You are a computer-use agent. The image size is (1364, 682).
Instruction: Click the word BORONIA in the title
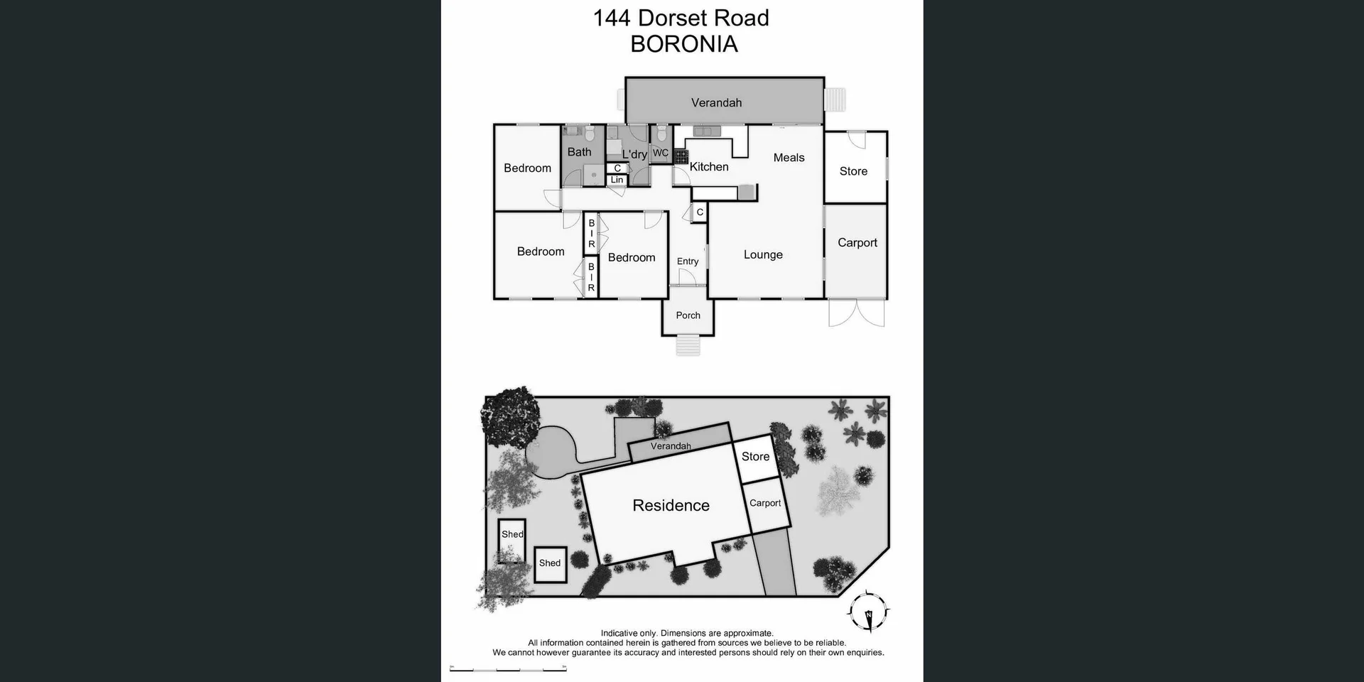[683, 44]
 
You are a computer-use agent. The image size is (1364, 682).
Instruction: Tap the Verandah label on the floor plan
[716, 103]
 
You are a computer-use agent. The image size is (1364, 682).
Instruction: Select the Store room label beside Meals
[853, 171]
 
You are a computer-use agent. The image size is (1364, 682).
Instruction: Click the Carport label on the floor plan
[857, 243]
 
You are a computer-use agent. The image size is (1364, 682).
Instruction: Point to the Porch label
[688, 315]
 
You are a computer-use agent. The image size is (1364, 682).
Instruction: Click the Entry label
[687, 261]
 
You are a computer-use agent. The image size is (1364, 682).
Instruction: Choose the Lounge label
[763, 255]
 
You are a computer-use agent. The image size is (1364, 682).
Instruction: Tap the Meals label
[789, 158]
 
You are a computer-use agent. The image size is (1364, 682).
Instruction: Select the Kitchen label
[709, 167]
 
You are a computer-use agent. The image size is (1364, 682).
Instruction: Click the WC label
[660, 153]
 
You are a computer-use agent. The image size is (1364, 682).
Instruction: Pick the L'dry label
[634, 154]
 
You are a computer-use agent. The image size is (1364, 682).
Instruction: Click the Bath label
[579, 152]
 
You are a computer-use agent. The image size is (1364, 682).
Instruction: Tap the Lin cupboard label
[617, 180]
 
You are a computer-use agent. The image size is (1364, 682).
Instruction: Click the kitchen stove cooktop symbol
[681, 156]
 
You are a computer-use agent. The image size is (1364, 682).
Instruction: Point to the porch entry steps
[688, 345]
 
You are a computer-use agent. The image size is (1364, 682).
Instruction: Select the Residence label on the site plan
[671, 506]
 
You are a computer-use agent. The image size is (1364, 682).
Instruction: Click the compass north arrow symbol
[868, 612]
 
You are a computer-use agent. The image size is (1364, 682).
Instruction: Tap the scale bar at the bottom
[508, 669]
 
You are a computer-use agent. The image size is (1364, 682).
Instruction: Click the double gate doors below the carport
[856, 313]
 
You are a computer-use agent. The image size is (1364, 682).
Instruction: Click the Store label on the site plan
[755, 457]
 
